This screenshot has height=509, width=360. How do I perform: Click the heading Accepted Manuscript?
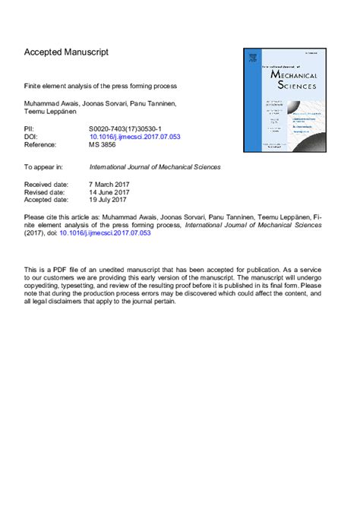point(67,52)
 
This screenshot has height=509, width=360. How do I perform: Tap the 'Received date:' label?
point(47,185)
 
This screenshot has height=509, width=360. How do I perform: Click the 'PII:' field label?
point(30,130)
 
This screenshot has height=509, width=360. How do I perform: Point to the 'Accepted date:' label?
point(47,200)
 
